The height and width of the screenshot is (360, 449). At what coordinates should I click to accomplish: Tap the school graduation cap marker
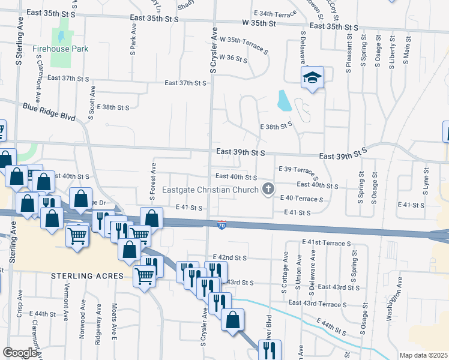coord(312,78)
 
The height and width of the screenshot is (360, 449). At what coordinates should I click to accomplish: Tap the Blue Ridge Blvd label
coord(49,112)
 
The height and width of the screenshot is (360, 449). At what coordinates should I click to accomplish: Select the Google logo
coord(20,353)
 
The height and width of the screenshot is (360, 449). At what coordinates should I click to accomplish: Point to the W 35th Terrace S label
coord(244,46)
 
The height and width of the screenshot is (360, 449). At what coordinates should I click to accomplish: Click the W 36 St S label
coord(234,58)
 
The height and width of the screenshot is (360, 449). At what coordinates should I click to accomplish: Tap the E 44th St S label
coord(328,327)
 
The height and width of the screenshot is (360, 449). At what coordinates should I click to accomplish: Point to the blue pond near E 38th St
coord(284,101)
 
